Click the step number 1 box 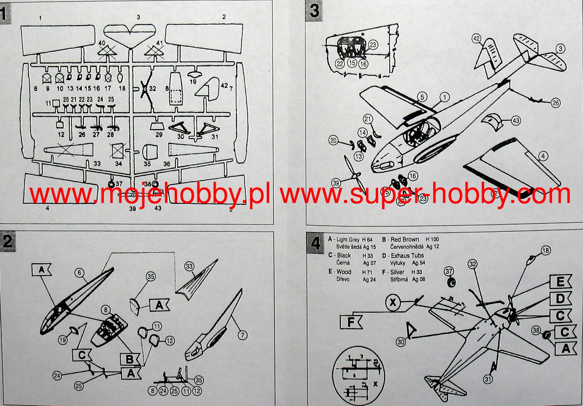(x=5, y=14)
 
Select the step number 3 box (x=314, y=10)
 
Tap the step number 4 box (x=315, y=242)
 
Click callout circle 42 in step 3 (x=477, y=39)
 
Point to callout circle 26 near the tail (x=556, y=103)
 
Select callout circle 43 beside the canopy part (x=516, y=121)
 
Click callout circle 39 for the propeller (x=336, y=183)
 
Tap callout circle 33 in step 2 (x=189, y=267)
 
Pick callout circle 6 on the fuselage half (x=80, y=273)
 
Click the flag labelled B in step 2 (x=130, y=359)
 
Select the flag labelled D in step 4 (x=560, y=298)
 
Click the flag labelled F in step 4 (x=351, y=322)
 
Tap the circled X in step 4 (x=393, y=302)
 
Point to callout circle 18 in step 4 (x=546, y=250)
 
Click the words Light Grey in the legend (x=348, y=239)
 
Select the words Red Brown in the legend (x=405, y=239)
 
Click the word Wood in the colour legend (x=344, y=272)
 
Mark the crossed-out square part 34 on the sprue (x=118, y=151)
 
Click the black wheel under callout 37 (x=451, y=283)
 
